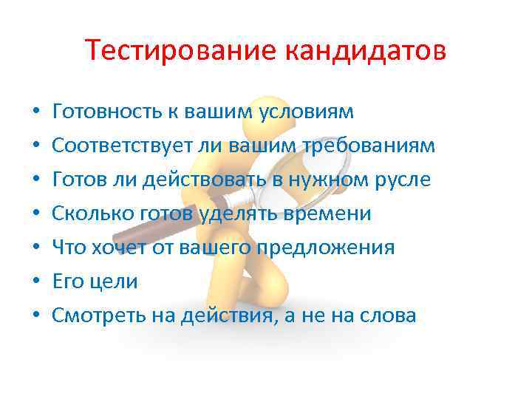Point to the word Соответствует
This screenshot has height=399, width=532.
point(123,146)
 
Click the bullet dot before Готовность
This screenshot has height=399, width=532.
point(36,113)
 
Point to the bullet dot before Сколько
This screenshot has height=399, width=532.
point(36,214)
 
